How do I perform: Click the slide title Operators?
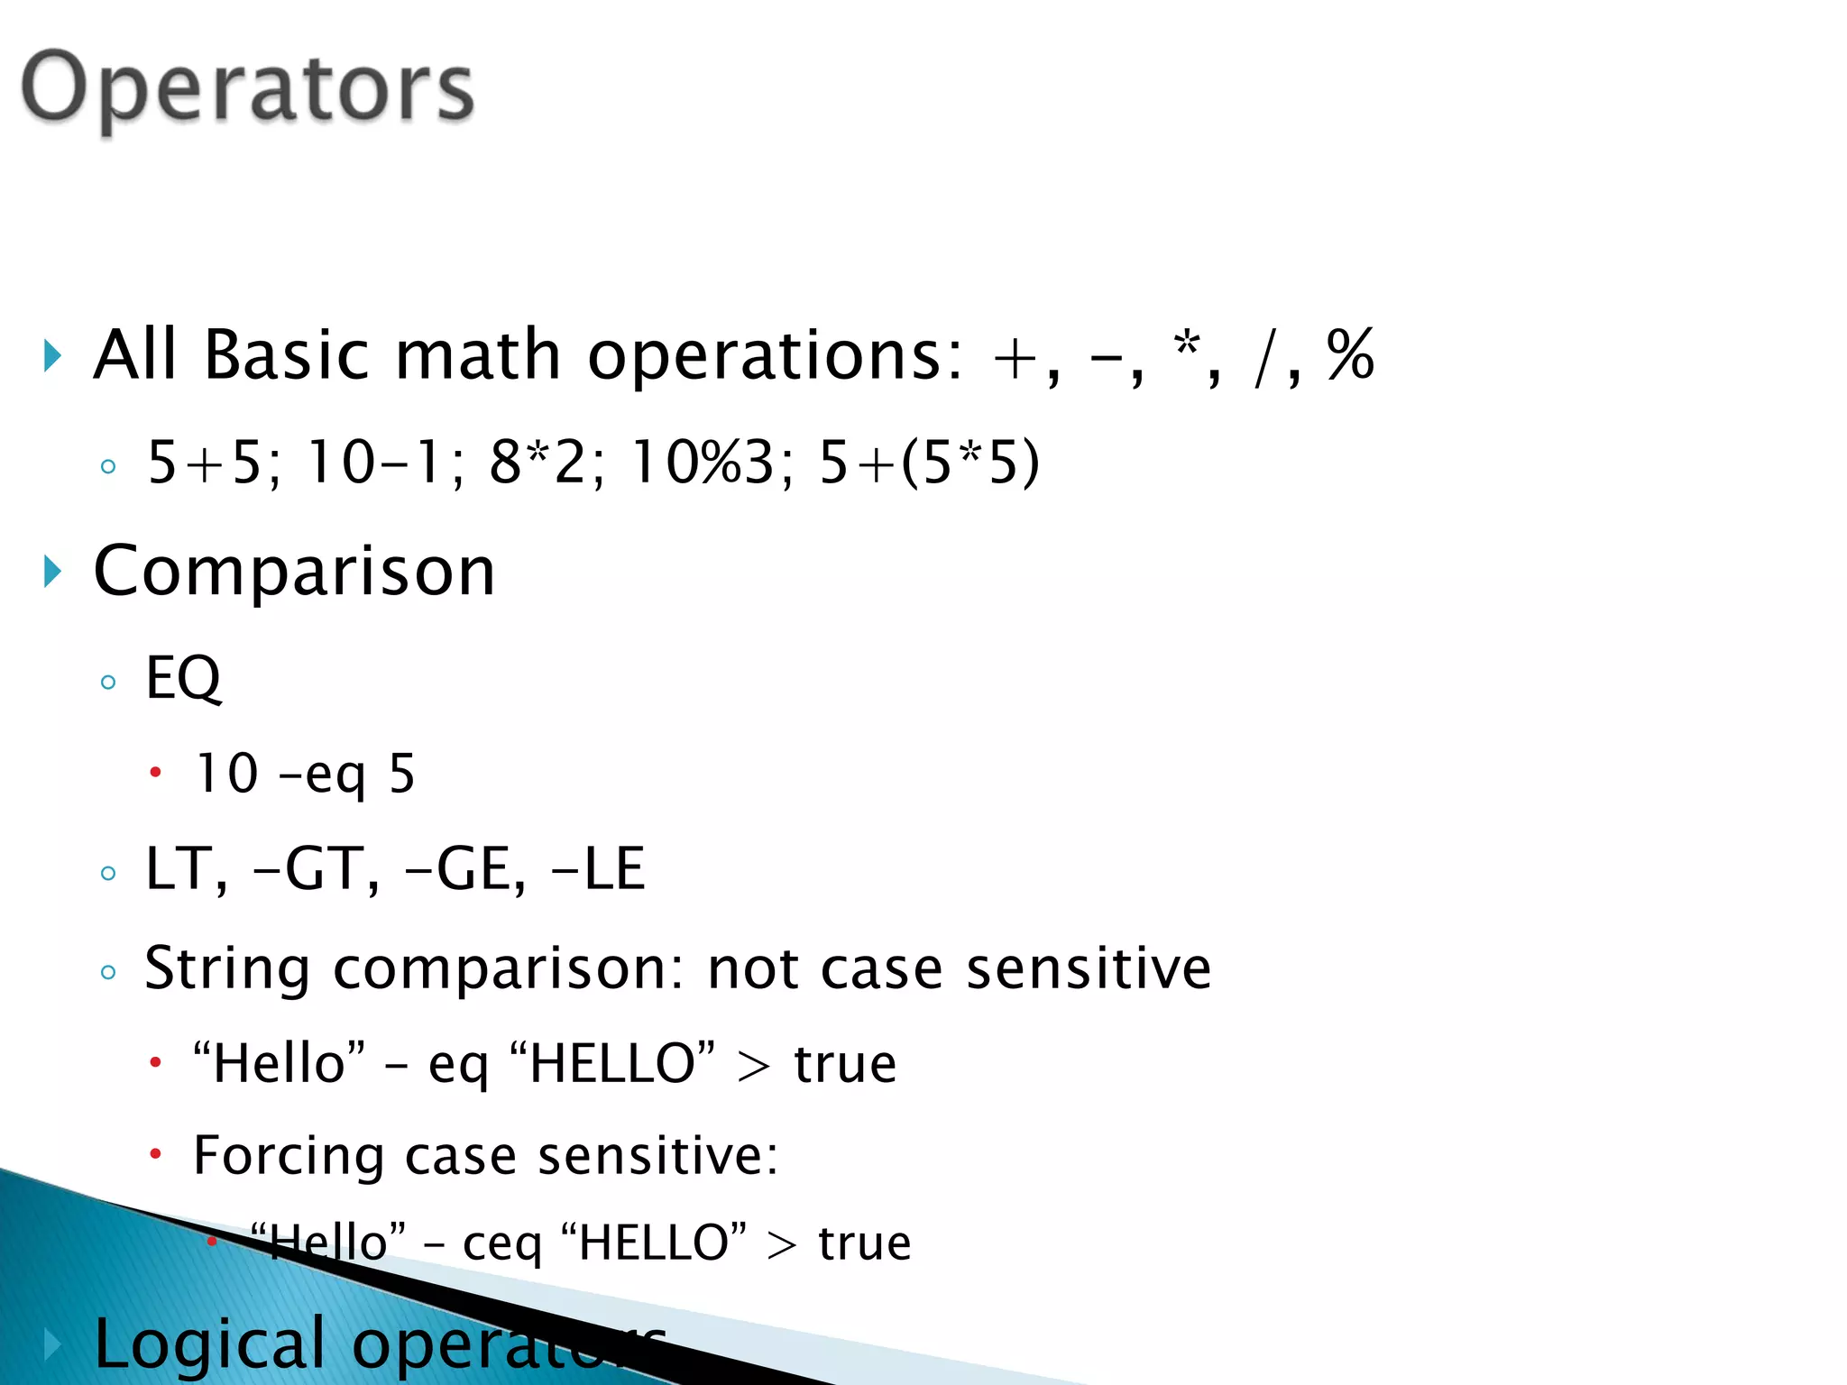[247, 88]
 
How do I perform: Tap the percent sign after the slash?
[1350, 355]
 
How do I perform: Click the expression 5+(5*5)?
[929, 463]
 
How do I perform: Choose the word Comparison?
[295, 571]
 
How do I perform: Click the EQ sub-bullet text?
[183, 678]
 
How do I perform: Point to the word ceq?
[501, 1243]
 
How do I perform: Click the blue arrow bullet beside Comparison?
[53, 572]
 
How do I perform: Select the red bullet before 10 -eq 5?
[155, 773]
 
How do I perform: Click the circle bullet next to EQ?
[108, 682]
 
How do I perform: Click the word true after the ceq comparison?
[864, 1243]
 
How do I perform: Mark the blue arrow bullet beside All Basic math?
[53, 356]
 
